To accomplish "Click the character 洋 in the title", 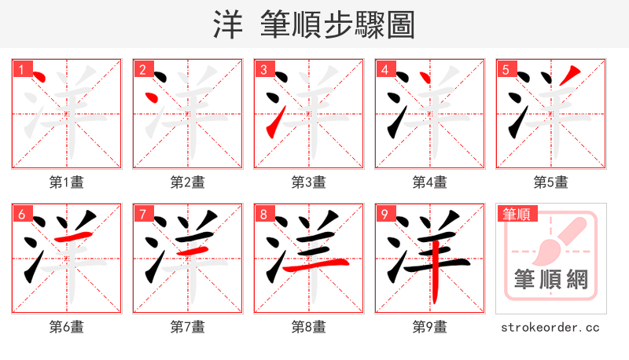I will click(228, 25).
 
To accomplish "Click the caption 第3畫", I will click(308, 182).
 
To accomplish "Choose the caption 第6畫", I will click(66, 326).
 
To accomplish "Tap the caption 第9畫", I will click(429, 326).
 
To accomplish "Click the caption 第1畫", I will click(66, 182).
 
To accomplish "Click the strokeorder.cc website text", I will click(550, 326).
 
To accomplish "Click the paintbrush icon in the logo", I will click(561, 240).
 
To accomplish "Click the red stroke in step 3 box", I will click(272, 124).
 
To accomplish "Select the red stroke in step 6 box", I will click(75, 236).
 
